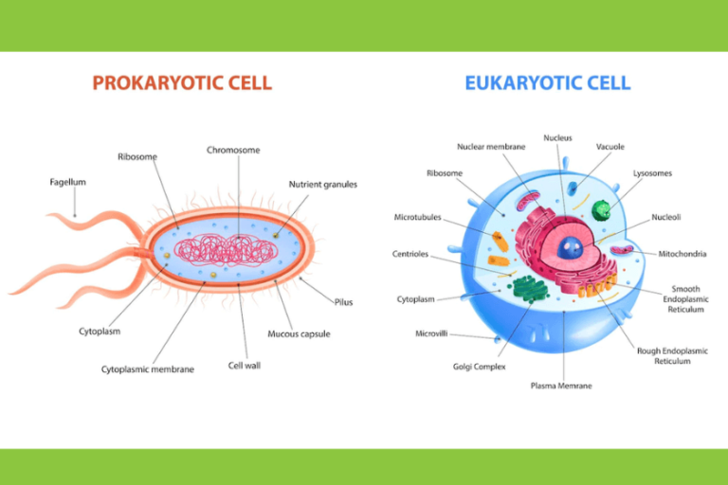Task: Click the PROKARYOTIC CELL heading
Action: point(182,83)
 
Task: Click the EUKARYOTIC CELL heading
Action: point(548,83)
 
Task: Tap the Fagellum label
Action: point(68,182)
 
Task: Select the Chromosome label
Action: point(233,150)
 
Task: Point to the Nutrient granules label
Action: point(323,184)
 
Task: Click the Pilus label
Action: point(343,302)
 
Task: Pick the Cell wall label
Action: point(245,365)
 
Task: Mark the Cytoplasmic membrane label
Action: point(148,368)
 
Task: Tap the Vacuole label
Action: point(610,147)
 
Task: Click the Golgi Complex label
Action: point(480,366)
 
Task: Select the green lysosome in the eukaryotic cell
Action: point(599,211)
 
